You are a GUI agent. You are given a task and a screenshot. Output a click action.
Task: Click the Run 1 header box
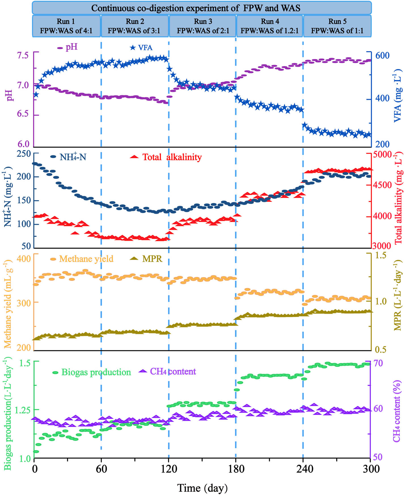pyautogui.click(x=66, y=26)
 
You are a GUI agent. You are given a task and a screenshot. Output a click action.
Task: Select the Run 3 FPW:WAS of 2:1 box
pyautogui.click(x=202, y=26)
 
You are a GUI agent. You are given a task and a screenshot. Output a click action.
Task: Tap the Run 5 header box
pyautogui.click(x=337, y=26)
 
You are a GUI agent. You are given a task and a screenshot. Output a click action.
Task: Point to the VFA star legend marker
pyautogui.click(x=133, y=48)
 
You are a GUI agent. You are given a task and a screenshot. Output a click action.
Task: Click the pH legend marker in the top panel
pyautogui.click(x=60, y=48)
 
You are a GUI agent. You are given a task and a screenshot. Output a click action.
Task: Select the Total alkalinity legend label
pyautogui.click(x=172, y=157)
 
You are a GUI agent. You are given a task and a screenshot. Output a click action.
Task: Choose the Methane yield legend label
pyautogui.click(x=86, y=259)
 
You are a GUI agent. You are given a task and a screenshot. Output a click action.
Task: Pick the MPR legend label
pyautogui.click(x=152, y=259)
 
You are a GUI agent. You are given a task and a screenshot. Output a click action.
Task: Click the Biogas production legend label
pyautogui.click(x=96, y=372)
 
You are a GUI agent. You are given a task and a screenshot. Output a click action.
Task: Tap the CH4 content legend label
pyautogui.click(x=173, y=371)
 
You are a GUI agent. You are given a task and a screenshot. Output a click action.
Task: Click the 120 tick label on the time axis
pyautogui.click(x=169, y=469)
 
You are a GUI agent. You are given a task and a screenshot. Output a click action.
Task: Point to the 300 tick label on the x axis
pyautogui.click(x=370, y=469)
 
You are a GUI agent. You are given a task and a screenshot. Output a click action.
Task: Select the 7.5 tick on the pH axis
pyautogui.click(x=23, y=55)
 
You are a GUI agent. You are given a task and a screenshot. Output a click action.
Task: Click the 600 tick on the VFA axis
pyautogui.click(x=383, y=55)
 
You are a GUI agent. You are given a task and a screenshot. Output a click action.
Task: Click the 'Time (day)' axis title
pyautogui.click(x=202, y=488)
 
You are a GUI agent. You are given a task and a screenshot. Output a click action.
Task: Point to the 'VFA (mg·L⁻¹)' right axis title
pyautogui.click(x=398, y=95)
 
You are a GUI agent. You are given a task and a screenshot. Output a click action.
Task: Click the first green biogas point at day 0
pyautogui.click(x=36, y=452)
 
